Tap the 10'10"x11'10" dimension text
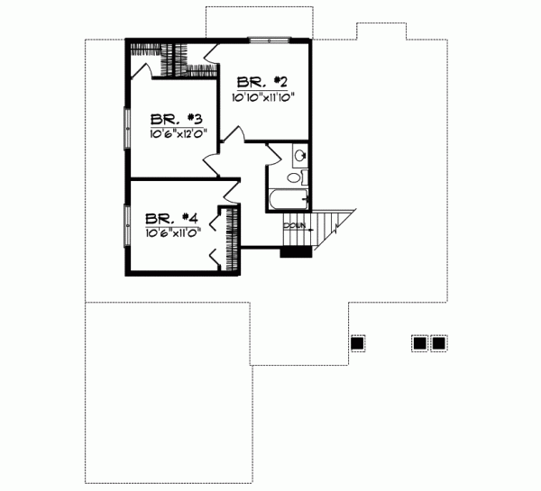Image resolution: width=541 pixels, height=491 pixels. pyautogui.click(x=264, y=96)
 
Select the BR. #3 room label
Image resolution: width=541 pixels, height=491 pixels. pyautogui.click(x=175, y=119)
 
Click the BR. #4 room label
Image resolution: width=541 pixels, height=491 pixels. pyautogui.click(x=171, y=217)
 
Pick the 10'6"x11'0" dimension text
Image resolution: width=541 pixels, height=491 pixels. pyautogui.click(x=172, y=231)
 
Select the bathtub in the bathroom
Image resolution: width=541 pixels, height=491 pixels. pyautogui.click(x=289, y=199)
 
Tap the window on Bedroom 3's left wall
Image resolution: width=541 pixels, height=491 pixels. pyautogui.click(x=125, y=126)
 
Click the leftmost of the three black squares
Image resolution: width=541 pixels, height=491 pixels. pyautogui.click(x=357, y=342)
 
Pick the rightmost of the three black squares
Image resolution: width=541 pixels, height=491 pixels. pyautogui.click(x=439, y=342)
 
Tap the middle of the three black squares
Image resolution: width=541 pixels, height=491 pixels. pyautogui.click(x=419, y=342)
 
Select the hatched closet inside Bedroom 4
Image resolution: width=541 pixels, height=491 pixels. pyautogui.click(x=233, y=237)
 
